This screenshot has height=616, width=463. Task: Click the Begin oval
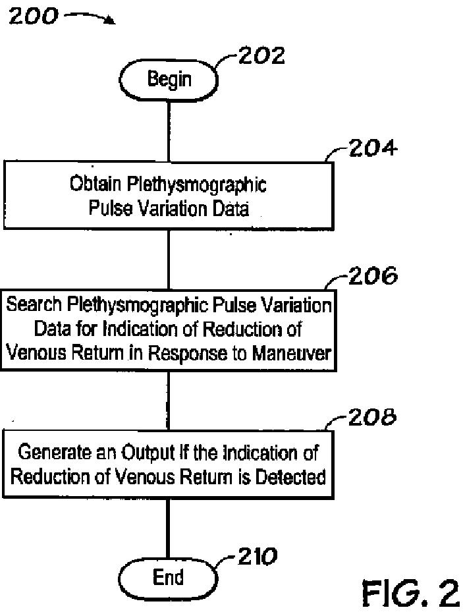(x=169, y=80)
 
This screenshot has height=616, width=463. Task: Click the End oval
(x=168, y=578)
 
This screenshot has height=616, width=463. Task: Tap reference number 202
(x=261, y=57)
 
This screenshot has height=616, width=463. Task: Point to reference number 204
(x=372, y=149)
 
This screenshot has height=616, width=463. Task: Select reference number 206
(x=372, y=275)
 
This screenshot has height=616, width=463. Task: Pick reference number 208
(x=372, y=417)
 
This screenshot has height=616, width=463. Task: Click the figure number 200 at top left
(x=34, y=16)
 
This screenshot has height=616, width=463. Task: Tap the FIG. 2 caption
(x=410, y=594)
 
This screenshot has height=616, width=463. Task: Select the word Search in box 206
(x=32, y=305)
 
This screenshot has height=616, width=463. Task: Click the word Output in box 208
(x=143, y=453)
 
